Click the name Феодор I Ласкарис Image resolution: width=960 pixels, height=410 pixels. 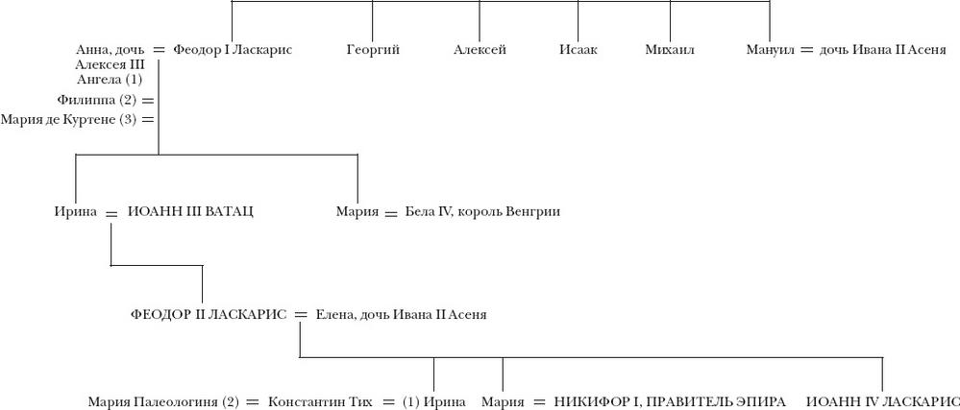232,50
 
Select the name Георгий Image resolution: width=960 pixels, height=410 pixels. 373,50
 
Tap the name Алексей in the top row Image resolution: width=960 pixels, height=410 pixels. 480,50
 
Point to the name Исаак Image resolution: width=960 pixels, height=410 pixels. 578,50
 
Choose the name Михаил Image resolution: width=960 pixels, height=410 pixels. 670,50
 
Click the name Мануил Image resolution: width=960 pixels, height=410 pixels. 770,50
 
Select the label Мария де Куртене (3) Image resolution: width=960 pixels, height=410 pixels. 68,120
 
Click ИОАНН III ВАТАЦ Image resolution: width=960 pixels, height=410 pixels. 190,212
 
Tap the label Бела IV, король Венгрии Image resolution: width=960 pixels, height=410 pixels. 482,212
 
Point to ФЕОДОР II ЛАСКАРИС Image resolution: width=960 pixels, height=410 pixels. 209,315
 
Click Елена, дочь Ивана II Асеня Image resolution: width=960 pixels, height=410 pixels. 401,315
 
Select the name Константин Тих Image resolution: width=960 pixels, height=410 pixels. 320,402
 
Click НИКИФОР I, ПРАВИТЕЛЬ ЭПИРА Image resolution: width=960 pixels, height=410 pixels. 669,402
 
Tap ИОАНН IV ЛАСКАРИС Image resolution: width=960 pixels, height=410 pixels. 883,402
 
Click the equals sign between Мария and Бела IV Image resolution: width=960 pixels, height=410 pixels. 391,213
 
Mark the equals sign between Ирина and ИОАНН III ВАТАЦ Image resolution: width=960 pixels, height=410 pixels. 111,213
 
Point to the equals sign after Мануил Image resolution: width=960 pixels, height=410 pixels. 807,51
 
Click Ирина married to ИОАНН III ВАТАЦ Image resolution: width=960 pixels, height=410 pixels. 75,212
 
